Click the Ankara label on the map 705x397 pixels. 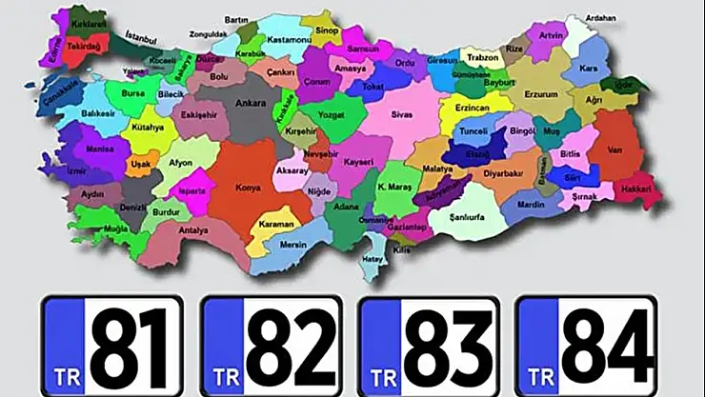click(x=250, y=102)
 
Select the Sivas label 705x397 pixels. click(x=401, y=113)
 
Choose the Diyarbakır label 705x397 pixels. click(x=504, y=174)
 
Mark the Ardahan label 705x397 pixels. click(x=599, y=18)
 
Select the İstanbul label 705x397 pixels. click(x=139, y=39)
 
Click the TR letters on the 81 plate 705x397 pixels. click(x=64, y=375)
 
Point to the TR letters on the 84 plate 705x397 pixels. click(x=539, y=375)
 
